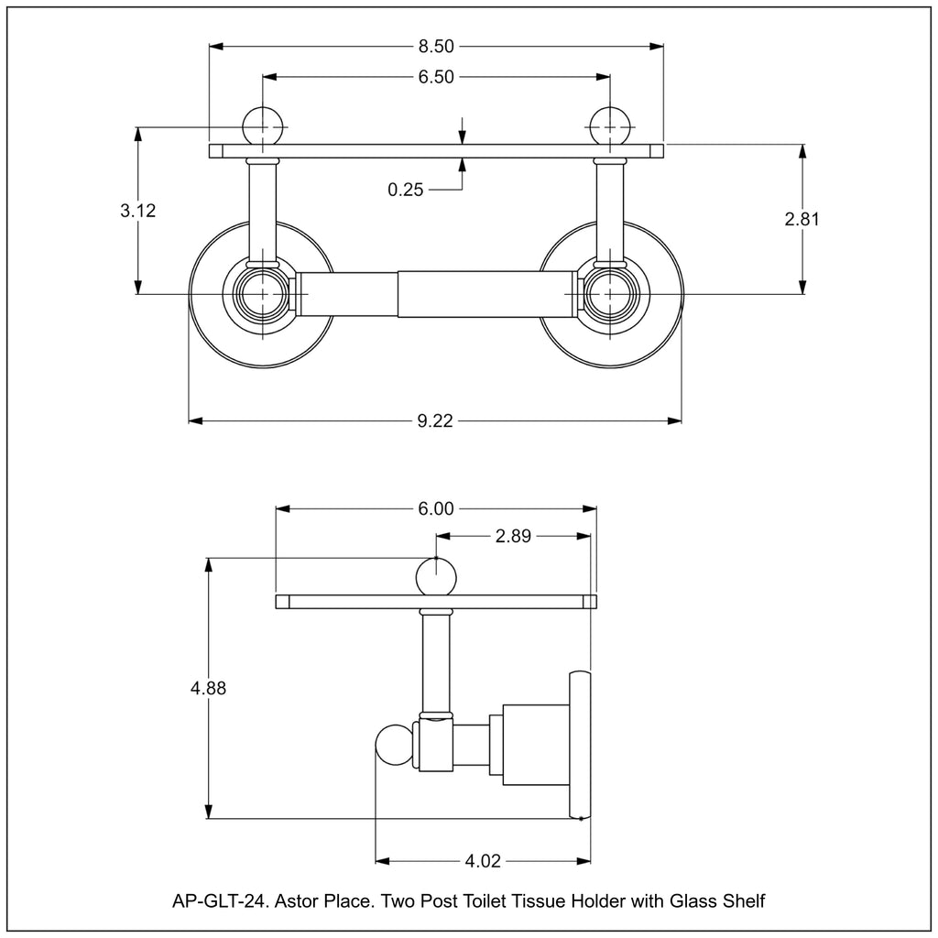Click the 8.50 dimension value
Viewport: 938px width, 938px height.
point(437,46)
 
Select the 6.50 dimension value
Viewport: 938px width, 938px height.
point(437,77)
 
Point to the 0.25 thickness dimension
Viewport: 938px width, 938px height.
point(406,190)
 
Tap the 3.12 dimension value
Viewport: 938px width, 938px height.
point(137,211)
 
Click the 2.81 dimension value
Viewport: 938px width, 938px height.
point(802,219)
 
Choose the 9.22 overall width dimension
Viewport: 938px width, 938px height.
point(436,421)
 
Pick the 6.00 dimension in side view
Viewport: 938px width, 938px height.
point(436,509)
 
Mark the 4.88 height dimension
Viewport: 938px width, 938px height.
point(209,688)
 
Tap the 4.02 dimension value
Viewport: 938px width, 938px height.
point(483,861)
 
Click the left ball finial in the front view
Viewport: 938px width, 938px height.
point(263,125)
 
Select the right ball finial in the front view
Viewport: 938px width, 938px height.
point(610,125)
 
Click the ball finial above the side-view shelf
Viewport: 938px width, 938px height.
point(436,576)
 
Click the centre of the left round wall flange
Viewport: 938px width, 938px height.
point(263,294)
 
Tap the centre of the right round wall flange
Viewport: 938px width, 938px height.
point(610,294)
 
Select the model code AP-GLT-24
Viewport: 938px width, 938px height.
point(219,901)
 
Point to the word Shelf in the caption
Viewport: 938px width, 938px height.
point(744,901)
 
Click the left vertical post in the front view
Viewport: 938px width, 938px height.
point(263,211)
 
